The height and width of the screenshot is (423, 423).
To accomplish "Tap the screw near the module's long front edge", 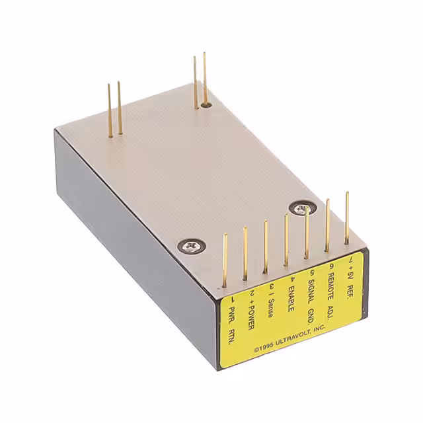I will pos(190,248).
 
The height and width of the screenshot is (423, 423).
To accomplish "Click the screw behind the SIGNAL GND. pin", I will pos(301,208).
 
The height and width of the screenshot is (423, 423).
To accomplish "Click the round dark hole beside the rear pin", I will pos(206,104).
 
